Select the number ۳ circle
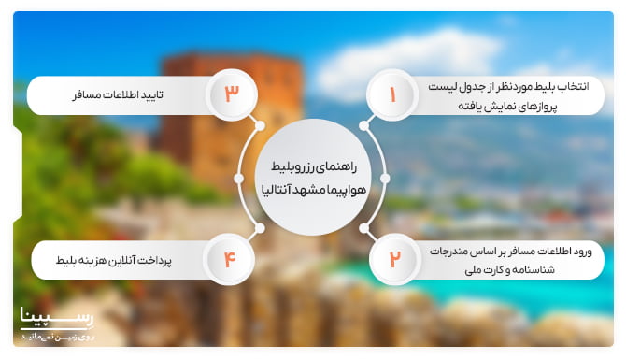(232, 94)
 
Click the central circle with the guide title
(313, 177)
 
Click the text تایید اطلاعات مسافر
(113, 94)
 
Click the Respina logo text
(58, 315)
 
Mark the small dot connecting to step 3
(262, 125)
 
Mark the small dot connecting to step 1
(364, 125)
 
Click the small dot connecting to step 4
(262, 227)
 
